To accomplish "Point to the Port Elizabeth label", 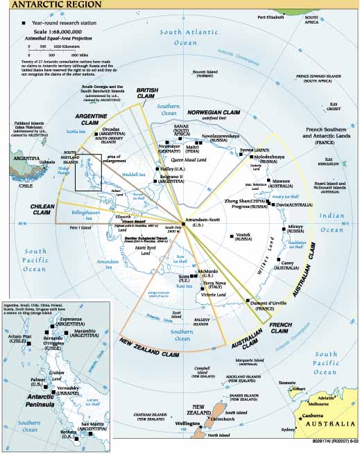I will click(x=272, y=16).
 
